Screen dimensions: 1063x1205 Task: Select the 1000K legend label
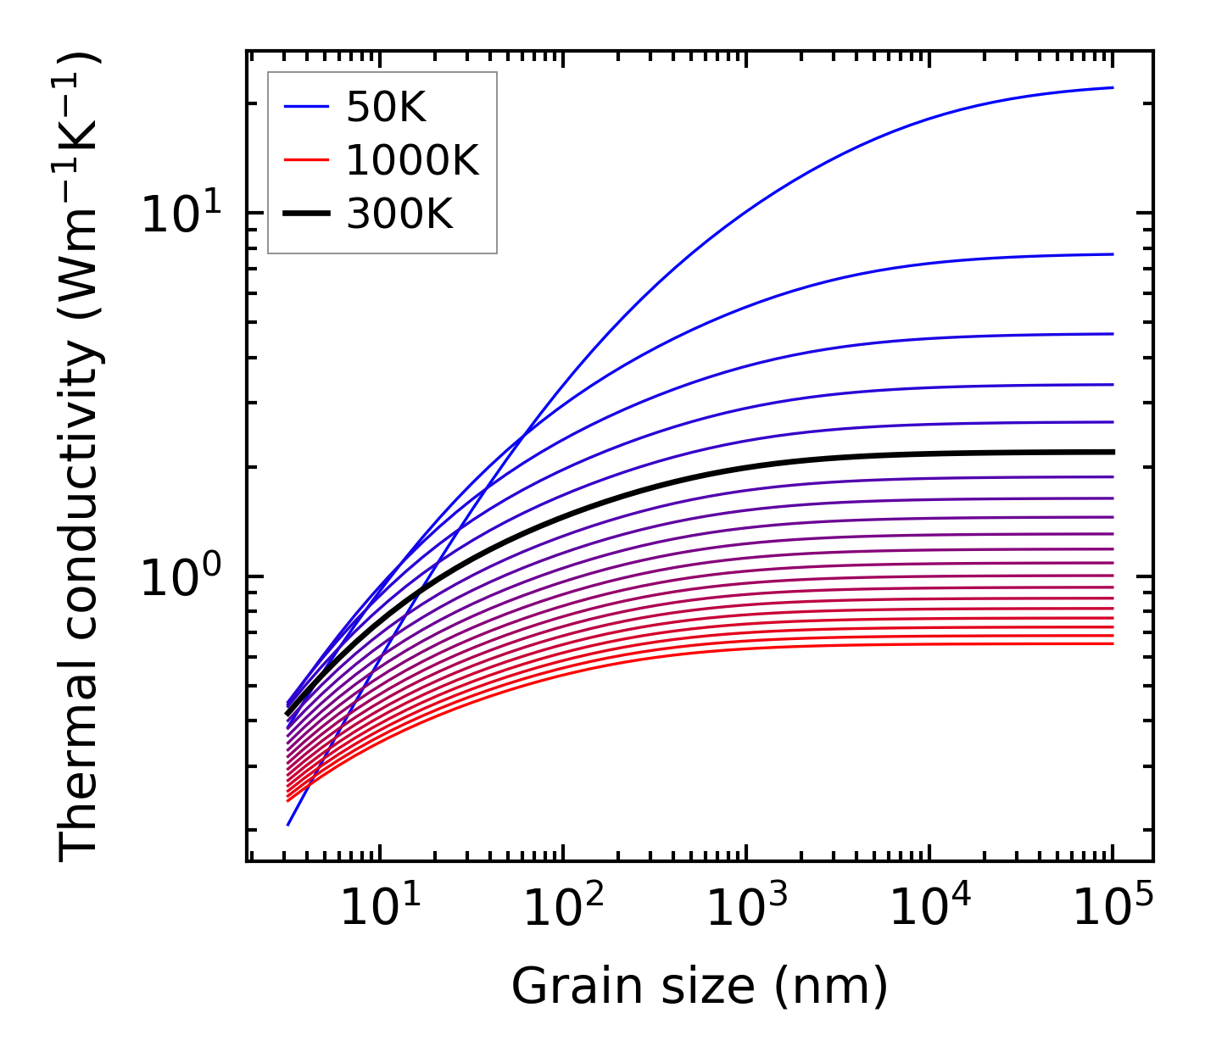tap(412, 160)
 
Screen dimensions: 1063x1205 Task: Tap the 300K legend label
tap(399, 214)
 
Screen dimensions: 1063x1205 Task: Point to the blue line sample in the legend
tap(305, 107)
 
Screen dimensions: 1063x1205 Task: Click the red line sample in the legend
tap(305, 160)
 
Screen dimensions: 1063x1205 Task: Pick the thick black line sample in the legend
tap(305, 214)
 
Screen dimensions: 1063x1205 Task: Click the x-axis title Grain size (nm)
tap(700, 987)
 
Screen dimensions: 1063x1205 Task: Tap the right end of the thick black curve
tap(1112, 452)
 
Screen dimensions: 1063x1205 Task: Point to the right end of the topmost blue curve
tap(1112, 87)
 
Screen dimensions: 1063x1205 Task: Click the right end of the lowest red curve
tap(1112, 643)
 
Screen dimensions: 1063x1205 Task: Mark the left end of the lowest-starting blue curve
tap(288, 824)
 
